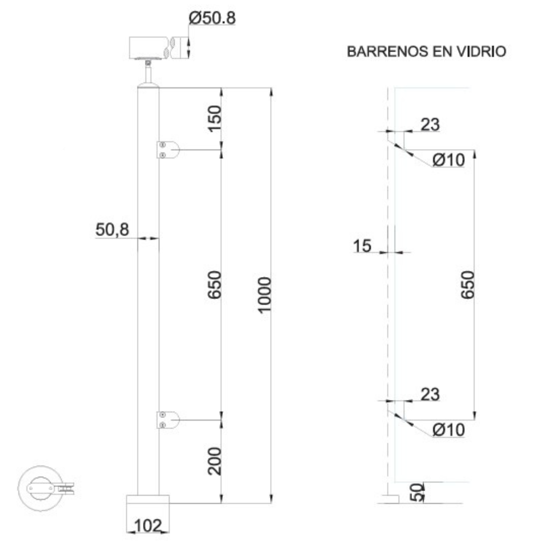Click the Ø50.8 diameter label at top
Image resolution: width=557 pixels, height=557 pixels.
[212, 19]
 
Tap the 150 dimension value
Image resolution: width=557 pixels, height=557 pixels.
[214, 118]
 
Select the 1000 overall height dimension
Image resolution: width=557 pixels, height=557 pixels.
[264, 295]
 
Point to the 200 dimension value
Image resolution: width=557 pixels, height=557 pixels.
[214, 461]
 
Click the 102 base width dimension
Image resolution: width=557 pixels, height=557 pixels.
[148, 525]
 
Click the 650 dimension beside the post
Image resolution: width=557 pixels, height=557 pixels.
[214, 285]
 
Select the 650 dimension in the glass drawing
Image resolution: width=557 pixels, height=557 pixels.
[468, 285]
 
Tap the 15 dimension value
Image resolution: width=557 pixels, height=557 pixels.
[362, 246]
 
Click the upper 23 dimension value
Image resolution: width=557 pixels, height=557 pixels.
[430, 124]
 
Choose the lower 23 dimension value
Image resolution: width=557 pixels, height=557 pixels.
[430, 394]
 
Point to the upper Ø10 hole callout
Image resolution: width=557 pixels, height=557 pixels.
[448, 160]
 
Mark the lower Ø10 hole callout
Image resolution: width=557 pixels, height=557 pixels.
[448, 430]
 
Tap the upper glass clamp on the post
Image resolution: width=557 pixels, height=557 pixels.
[168, 149]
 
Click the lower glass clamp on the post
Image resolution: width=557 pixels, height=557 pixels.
[168, 420]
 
